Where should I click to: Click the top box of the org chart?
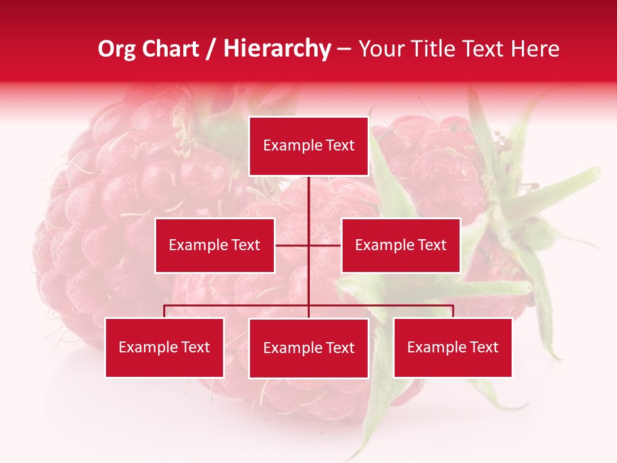click(308, 146)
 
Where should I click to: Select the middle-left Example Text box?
click(215, 245)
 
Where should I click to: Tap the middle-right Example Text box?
click(400, 245)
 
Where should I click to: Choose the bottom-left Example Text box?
click(165, 347)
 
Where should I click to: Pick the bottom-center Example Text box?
click(308, 348)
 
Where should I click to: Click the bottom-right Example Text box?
click(452, 347)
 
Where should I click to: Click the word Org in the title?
click(116, 49)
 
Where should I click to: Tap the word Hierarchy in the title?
click(276, 49)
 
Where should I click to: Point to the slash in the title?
click(211, 50)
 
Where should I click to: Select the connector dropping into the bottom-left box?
click(165, 311)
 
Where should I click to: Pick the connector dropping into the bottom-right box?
click(452, 311)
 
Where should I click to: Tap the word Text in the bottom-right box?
click(483, 347)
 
